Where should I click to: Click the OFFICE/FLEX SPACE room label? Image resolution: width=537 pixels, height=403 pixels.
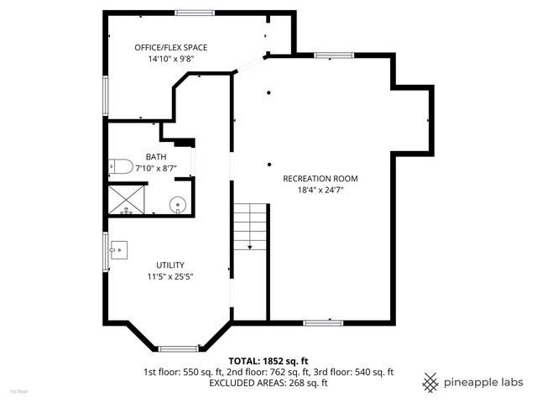click(x=171, y=48)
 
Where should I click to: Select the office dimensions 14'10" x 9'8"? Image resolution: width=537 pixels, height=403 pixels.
click(x=171, y=60)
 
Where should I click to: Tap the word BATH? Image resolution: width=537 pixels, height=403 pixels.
click(x=156, y=157)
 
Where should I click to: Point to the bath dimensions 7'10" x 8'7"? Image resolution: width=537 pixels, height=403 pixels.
click(x=156, y=169)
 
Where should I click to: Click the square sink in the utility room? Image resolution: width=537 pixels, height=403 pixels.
click(x=120, y=249)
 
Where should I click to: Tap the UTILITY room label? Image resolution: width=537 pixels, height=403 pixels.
click(x=170, y=264)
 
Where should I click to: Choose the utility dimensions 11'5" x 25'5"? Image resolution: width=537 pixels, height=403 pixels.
click(x=170, y=276)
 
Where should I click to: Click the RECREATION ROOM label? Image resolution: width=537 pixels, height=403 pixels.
click(x=321, y=179)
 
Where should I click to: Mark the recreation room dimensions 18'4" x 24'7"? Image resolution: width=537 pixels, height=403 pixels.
click(x=321, y=191)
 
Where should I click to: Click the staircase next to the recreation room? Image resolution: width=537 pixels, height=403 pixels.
click(x=250, y=227)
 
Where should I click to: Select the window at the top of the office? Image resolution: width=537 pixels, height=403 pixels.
click(x=194, y=12)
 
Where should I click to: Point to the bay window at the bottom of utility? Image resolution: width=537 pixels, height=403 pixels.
click(x=178, y=348)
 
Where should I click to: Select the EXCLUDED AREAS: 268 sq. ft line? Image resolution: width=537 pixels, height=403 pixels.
click(x=268, y=383)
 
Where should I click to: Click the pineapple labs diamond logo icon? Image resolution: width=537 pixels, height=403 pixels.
click(x=430, y=382)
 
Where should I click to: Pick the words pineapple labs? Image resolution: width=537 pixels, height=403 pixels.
click(x=484, y=382)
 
